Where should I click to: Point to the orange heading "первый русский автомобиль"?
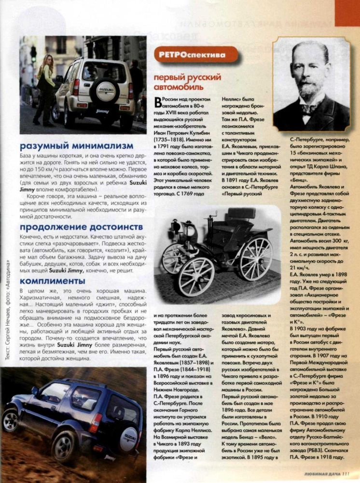[187, 82]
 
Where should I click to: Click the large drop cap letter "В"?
[157, 101]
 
